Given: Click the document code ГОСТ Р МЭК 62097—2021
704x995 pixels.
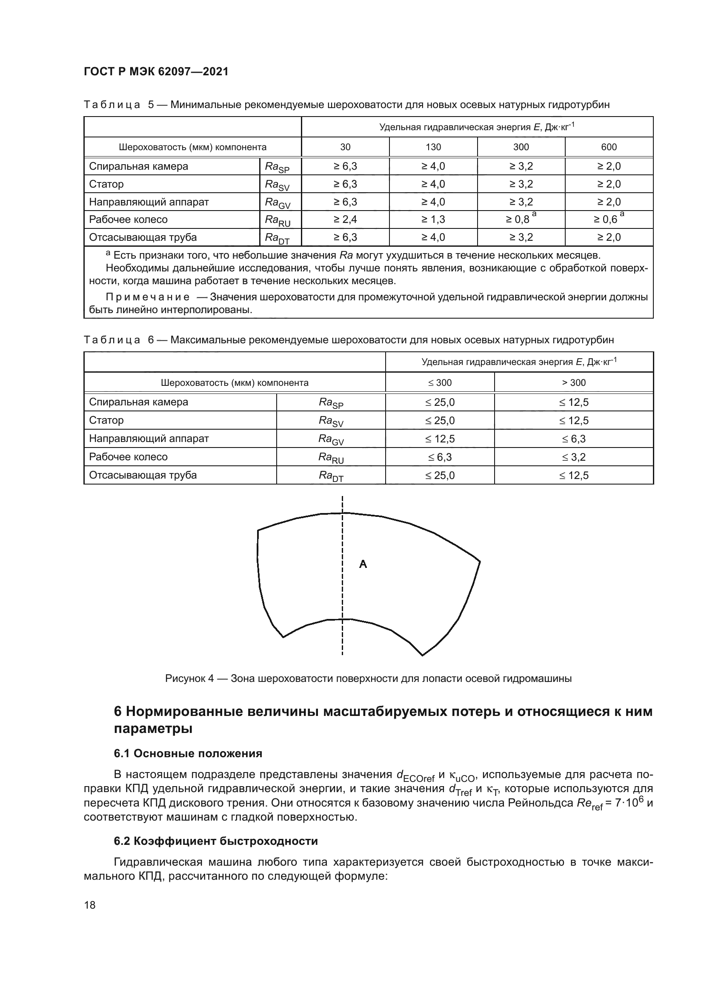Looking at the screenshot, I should (x=156, y=72).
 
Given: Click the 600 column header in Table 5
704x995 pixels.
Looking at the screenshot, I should (x=609, y=147).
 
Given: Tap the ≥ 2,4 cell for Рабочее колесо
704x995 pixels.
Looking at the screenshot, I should (x=345, y=220).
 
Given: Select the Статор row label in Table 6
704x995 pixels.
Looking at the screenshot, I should (x=106, y=420).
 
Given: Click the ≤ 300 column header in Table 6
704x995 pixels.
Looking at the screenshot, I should (x=440, y=383).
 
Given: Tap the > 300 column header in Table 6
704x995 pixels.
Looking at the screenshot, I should (x=573, y=383).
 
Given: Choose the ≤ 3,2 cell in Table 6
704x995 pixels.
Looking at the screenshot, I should (x=573, y=457).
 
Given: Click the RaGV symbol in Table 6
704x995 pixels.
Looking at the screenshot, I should (x=331, y=439).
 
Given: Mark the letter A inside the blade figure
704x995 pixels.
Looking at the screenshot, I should (x=363, y=564).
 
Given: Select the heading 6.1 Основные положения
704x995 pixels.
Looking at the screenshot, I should (x=188, y=754).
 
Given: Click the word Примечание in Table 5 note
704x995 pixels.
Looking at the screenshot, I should (x=147, y=297).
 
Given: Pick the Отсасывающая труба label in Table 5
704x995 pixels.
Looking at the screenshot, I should (x=143, y=237).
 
